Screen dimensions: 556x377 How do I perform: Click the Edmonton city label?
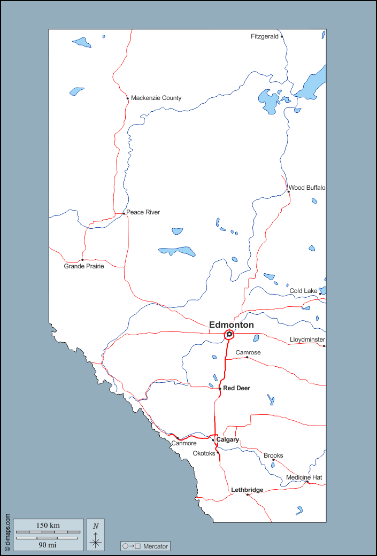[231, 325]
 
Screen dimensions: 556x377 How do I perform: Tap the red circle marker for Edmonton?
[229, 335]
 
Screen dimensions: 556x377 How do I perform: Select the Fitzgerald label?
[264, 36]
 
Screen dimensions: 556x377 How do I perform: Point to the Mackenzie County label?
[156, 98]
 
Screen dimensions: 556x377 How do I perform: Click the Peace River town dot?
[124, 213]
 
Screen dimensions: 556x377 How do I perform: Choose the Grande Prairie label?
[84, 266]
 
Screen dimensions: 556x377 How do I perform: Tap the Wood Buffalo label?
[307, 188]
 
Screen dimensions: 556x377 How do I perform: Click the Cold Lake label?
[303, 291]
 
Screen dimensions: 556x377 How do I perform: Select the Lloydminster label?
[307, 339]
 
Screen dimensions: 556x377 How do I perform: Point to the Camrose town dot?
[247, 357]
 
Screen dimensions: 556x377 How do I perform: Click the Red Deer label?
[236, 388]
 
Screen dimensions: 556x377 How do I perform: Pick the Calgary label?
[227, 439]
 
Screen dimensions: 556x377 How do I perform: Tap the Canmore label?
[184, 443]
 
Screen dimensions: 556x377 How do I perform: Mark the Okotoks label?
[204, 453]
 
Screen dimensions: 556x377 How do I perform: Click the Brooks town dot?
[273, 460]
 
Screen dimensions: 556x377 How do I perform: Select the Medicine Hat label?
[304, 477]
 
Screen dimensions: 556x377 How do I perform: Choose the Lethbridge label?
[247, 490]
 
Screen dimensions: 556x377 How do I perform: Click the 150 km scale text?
[48, 526]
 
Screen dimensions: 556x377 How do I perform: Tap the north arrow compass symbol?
[96, 535]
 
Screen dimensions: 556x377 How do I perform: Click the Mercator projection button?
[145, 546]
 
